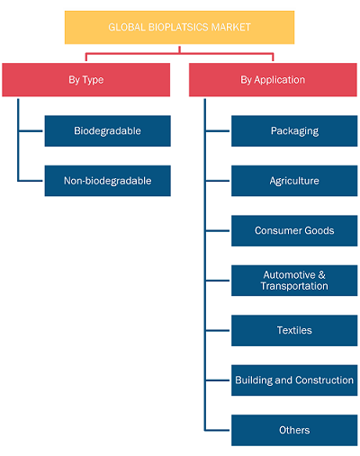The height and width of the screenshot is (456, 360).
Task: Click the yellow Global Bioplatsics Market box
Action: point(179,27)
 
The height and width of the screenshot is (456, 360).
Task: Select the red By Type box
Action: point(86,80)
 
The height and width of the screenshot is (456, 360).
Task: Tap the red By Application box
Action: point(273,80)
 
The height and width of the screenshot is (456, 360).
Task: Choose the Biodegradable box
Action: point(108,131)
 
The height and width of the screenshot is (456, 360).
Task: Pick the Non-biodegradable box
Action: point(108,181)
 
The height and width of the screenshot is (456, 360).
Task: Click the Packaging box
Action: point(294,131)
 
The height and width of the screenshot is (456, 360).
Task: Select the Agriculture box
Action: point(294,181)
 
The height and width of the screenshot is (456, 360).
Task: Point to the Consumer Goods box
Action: point(294,230)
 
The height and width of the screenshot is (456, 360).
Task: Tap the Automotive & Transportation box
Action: point(294,281)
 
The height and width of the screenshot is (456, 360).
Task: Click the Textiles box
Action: point(294,330)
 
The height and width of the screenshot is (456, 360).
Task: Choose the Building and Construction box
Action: point(294,380)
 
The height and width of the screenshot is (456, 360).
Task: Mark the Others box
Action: point(294,430)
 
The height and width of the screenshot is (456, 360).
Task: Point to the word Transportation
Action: point(294,286)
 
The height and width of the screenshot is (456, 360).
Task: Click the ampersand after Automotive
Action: point(321,274)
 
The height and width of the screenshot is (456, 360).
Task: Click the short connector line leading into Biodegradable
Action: point(31,131)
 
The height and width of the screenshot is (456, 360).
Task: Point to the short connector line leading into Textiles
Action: point(218,330)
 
